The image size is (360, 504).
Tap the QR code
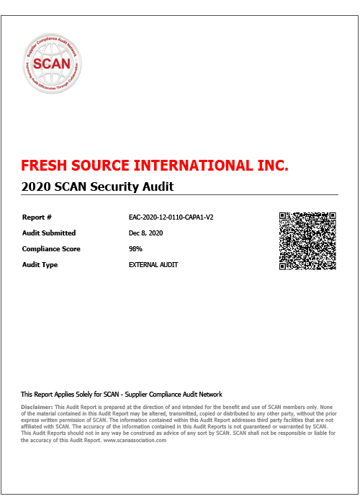pos(307,240)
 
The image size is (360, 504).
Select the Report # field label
pos(37,217)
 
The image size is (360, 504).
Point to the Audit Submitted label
pos(49,233)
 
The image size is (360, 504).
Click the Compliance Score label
pos(51,248)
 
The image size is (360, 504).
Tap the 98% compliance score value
pos(135,248)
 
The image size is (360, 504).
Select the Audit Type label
pos(40,265)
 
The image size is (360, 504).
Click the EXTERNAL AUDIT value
pos(153,265)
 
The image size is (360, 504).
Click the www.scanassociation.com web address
pos(135,441)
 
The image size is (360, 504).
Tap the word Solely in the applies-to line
pos(90,395)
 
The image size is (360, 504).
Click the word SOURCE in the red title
pos(99,166)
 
